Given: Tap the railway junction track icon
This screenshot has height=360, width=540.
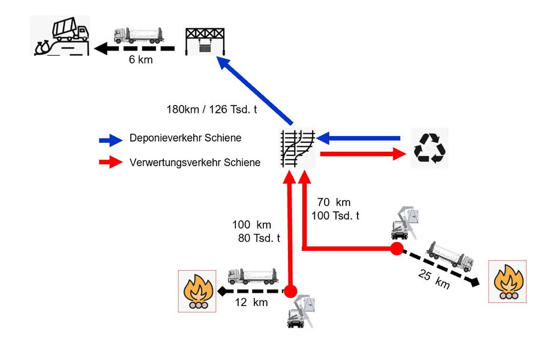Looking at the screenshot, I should coord(298,148).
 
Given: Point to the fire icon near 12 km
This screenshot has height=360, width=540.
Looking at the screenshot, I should coord(197,290).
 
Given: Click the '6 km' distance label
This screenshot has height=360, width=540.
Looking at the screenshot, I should coord(140,60).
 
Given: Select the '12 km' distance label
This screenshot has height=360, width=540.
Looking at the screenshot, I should coord(251,303).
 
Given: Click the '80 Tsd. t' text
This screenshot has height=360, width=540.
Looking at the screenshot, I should coord(259,238).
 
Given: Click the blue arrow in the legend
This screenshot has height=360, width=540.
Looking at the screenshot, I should coord(110,140).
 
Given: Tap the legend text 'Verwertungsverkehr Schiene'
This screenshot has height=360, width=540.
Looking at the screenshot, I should coord(195,162).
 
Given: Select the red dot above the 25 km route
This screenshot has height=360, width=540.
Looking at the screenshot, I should coord(397,248).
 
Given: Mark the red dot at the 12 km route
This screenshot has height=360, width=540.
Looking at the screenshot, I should coord(290,292).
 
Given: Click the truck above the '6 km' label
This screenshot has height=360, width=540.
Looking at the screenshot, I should coord(139,35).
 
